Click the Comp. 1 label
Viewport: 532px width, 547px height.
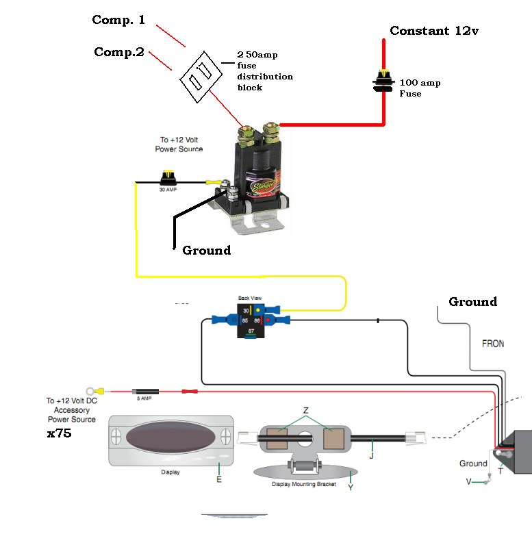pyautogui.click(x=118, y=20)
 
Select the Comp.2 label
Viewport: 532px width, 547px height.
pyautogui.click(x=118, y=52)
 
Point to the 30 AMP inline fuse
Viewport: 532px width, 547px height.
pyautogui.click(x=168, y=181)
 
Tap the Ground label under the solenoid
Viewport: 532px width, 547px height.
pyautogui.click(x=206, y=251)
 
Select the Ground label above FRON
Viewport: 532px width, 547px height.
pyautogui.click(x=472, y=302)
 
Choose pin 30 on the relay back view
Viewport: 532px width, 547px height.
pyautogui.click(x=245, y=310)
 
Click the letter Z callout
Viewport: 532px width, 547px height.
pyautogui.click(x=305, y=410)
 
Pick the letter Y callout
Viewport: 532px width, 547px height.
pyautogui.click(x=350, y=487)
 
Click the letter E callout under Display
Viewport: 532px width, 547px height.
pyautogui.click(x=218, y=479)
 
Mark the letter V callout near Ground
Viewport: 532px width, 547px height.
pyautogui.click(x=469, y=481)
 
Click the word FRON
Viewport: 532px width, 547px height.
pyautogui.click(x=492, y=343)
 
